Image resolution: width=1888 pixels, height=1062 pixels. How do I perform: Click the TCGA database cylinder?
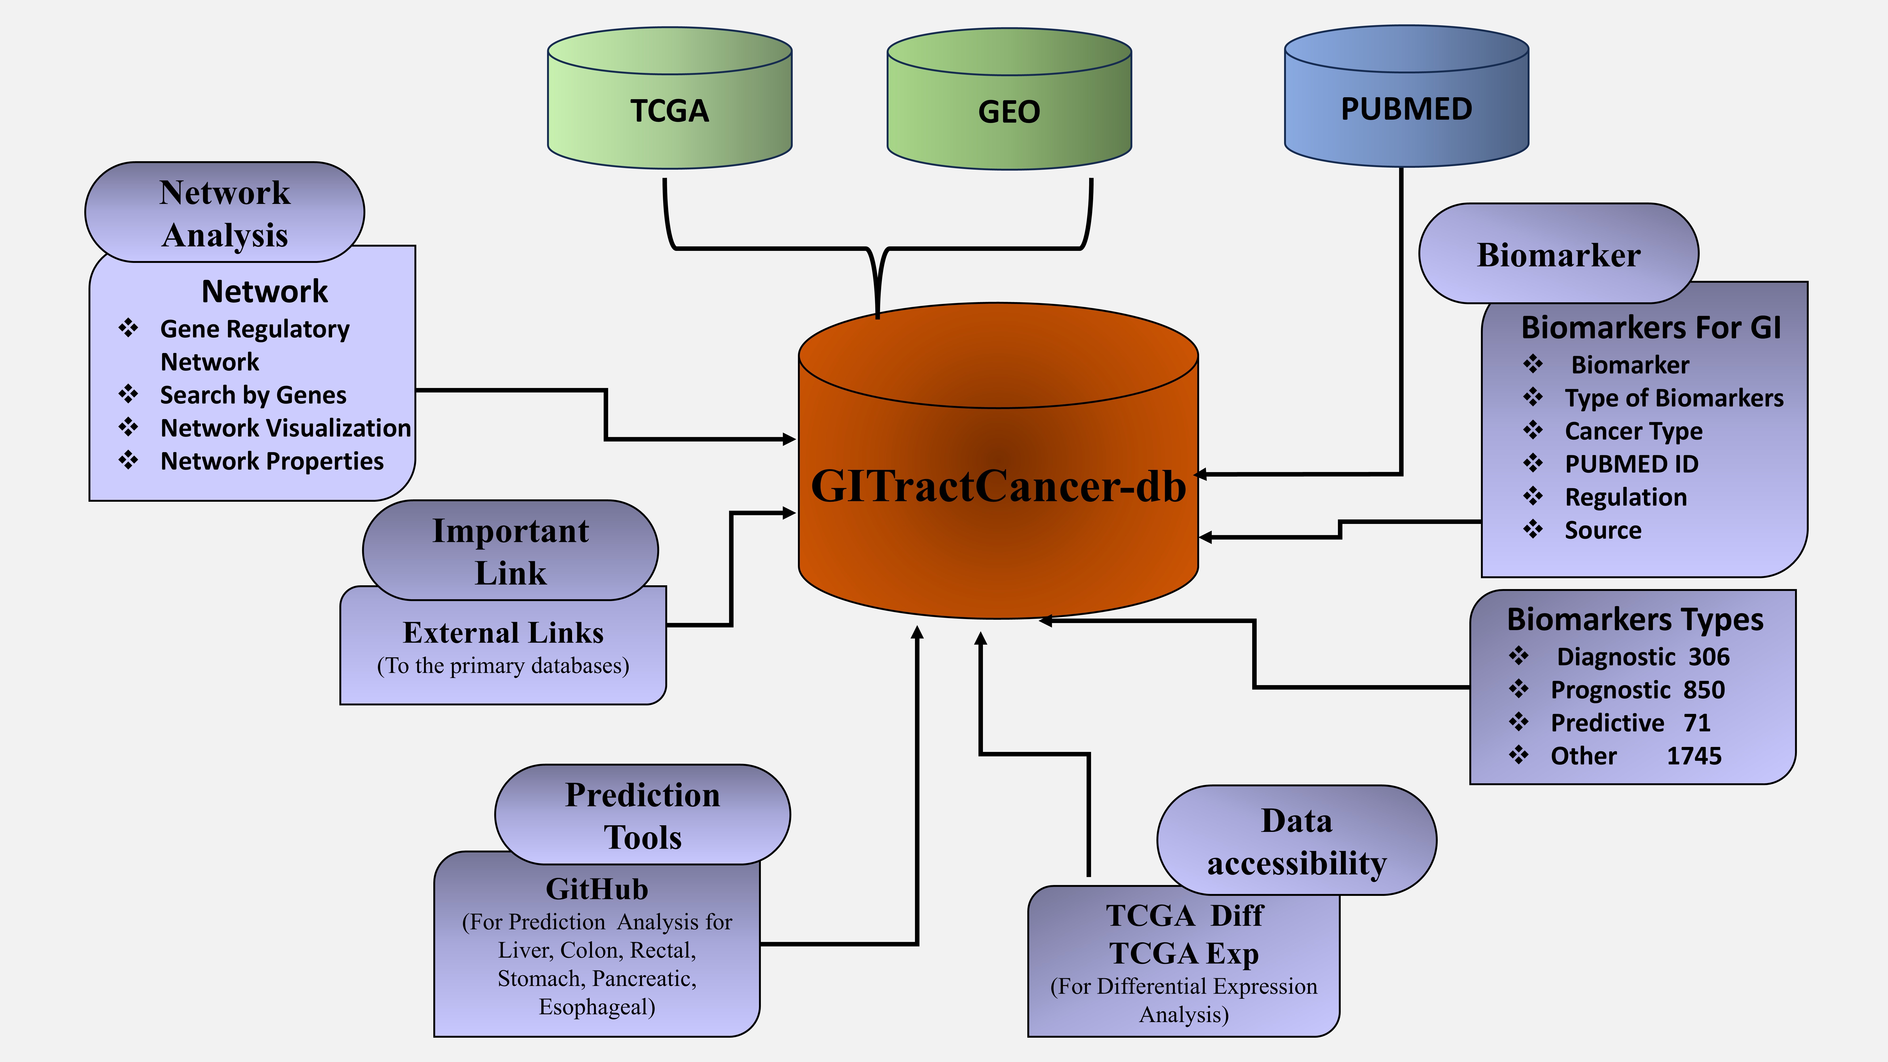tap(669, 110)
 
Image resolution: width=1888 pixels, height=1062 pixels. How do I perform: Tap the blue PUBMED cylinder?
tap(1406, 109)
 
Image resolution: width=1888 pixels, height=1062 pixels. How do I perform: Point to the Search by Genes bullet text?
tap(253, 395)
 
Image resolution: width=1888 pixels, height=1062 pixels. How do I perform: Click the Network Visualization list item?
tap(285, 428)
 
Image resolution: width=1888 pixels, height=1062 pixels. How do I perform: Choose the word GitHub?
tap(597, 889)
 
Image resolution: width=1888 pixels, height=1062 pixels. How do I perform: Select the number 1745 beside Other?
tap(1694, 756)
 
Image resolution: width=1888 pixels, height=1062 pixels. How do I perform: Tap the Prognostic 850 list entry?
tap(1637, 690)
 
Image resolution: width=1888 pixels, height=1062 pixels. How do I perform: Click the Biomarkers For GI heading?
tap(1651, 328)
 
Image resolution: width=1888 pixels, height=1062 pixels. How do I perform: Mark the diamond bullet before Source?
tap(1533, 529)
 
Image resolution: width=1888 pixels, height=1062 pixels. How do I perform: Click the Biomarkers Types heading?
tap(1634, 619)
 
